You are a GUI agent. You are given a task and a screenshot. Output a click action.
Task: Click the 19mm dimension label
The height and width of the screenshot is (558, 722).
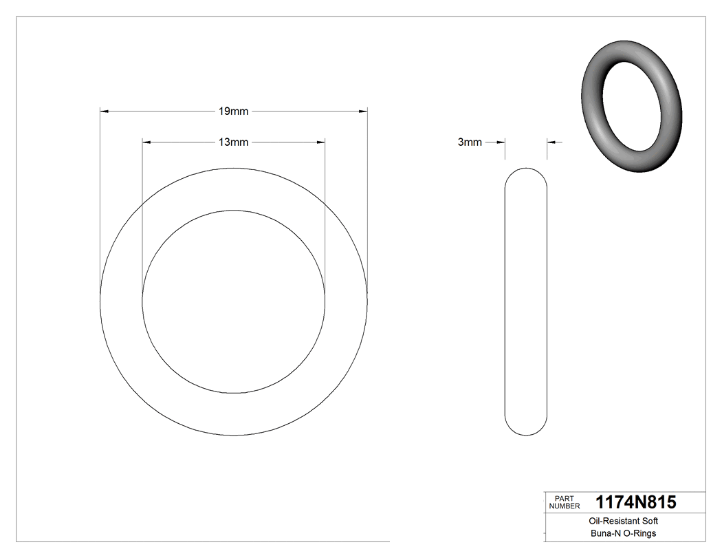pos(233,111)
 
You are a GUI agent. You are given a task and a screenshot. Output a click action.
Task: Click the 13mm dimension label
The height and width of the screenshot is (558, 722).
pos(233,142)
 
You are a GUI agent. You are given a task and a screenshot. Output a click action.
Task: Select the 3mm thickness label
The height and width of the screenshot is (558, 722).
pos(470,142)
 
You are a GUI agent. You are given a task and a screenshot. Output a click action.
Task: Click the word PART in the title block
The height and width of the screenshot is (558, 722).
pos(564,498)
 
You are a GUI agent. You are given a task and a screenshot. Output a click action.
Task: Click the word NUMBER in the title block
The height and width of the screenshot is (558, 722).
pos(564,506)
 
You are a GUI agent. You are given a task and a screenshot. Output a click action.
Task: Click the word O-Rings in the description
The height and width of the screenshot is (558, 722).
pos(639,533)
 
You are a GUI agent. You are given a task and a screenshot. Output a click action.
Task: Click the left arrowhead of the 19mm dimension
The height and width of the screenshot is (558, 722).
pos(105,111)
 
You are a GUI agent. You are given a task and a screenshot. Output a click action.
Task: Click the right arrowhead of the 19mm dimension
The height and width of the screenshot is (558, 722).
pos(362,111)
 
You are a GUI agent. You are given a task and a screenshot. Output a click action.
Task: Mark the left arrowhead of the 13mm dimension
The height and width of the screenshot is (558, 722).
pos(146,142)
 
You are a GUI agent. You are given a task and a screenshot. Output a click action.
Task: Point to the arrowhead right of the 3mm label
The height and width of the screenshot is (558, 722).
pos(501,142)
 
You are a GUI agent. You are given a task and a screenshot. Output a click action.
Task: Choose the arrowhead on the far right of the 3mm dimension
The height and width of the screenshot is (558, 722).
pos(551,142)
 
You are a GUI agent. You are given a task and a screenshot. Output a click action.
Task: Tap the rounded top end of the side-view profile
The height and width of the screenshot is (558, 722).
pos(526,171)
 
